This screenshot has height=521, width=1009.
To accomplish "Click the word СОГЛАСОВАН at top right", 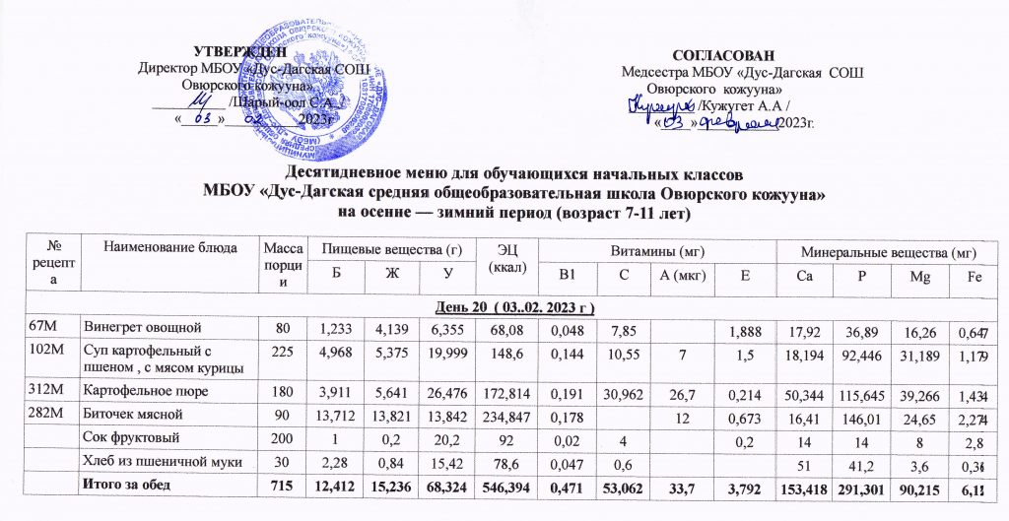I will pos(722,54).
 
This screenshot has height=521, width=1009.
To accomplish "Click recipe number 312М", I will pos(22,391).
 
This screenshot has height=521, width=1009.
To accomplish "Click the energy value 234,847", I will pos(504,415).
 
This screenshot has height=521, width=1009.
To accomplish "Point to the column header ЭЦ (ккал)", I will pos(504,257).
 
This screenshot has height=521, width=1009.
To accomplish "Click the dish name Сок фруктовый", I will pos(131,437).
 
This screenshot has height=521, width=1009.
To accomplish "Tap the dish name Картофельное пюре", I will pos(146,391).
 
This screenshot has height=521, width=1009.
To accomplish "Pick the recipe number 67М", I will pos(20,324).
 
